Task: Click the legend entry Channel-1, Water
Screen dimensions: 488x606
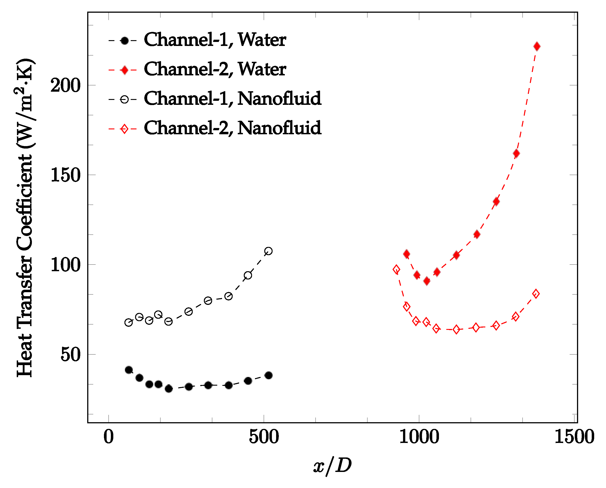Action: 215,40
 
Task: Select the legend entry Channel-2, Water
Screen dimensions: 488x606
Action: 215,69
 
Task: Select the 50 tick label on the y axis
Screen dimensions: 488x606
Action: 70,355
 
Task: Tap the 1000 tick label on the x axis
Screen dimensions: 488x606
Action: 419,437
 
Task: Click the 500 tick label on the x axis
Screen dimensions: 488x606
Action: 264,437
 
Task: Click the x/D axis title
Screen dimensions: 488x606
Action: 333,466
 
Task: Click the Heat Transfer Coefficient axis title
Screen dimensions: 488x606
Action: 25,218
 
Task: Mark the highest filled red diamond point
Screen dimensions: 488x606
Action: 537,46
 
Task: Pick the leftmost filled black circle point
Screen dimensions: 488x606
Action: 129,370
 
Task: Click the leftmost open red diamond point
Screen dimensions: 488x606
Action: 396,270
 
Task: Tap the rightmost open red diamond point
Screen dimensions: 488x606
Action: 536,294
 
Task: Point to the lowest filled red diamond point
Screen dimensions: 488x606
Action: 427,281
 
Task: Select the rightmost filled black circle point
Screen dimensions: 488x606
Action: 268,376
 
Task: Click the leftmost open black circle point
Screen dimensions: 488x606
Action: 128,323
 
